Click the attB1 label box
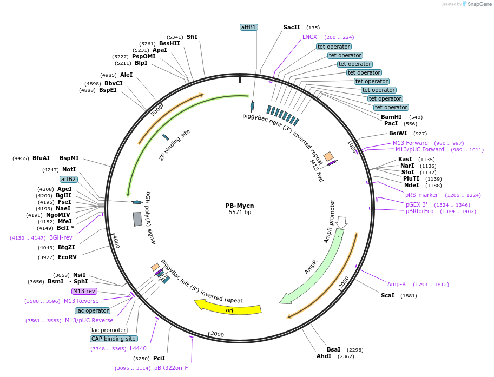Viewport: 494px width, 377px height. [x=249, y=27]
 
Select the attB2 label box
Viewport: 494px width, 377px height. [x=69, y=179]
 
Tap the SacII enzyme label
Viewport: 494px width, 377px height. [x=291, y=27]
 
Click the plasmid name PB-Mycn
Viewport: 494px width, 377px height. [x=240, y=206]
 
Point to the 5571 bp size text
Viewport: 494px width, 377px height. [x=240, y=213]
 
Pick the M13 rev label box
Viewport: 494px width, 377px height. [x=84, y=291]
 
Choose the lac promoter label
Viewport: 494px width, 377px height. [x=108, y=330]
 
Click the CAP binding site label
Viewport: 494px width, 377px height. [x=114, y=339]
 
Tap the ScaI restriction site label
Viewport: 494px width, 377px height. [x=387, y=295]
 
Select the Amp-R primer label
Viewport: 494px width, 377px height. [x=397, y=284]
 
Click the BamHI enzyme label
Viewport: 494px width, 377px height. [x=391, y=117]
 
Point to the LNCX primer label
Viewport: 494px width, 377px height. [x=309, y=37]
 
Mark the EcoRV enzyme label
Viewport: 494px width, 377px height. [x=68, y=257]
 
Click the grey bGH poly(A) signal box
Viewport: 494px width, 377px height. [x=137, y=219]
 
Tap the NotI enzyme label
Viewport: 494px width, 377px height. [x=69, y=169]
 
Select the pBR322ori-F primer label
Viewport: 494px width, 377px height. [x=171, y=368]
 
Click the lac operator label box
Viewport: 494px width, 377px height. [x=93, y=310]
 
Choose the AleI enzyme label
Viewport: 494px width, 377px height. [x=126, y=75]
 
